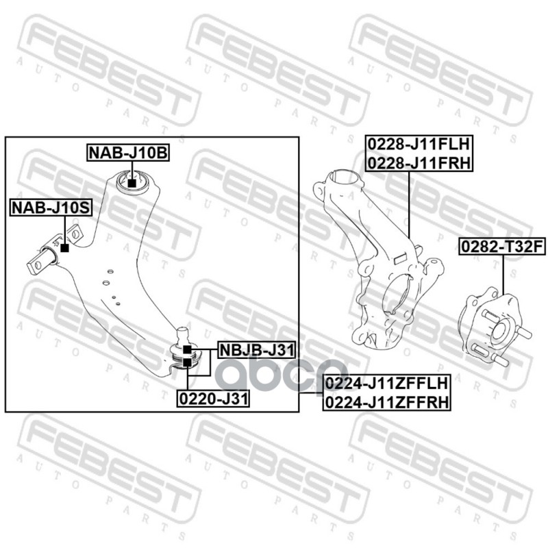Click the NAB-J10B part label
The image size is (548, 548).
point(127,153)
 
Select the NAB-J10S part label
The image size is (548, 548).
point(50,207)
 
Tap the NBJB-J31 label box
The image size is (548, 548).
point(256,351)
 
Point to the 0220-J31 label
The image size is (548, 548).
point(214,397)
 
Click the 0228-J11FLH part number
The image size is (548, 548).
point(418,145)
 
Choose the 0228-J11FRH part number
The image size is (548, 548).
point(418,162)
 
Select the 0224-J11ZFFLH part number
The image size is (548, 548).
point(386,384)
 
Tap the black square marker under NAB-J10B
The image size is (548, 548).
point(132,183)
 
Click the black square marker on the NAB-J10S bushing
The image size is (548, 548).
point(64,247)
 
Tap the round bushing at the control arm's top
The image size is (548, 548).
point(134,182)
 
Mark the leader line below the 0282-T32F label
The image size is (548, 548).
point(503,274)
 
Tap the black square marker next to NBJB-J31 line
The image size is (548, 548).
point(187,349)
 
